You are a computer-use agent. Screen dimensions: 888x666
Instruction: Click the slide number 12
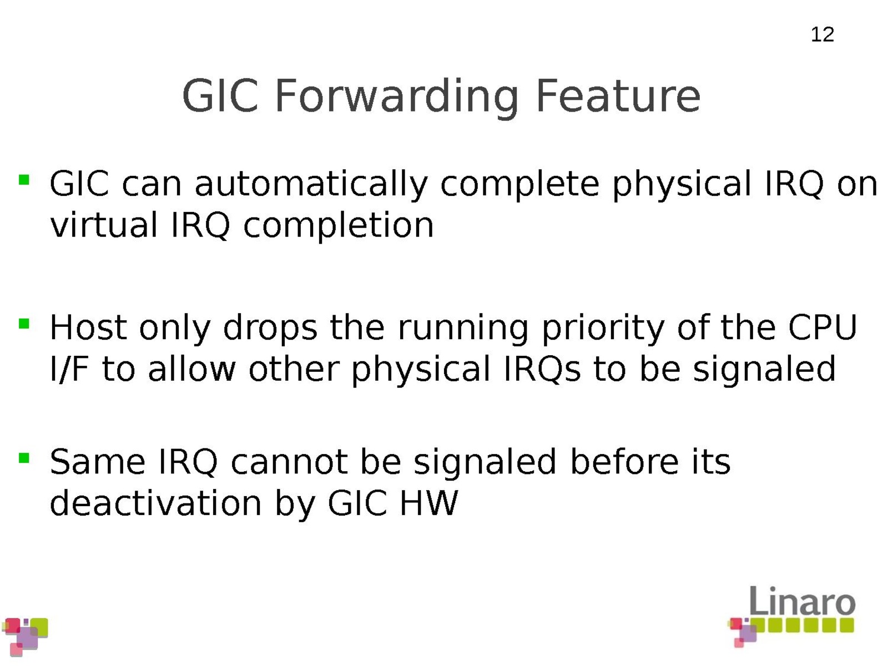click(x=822, y=34)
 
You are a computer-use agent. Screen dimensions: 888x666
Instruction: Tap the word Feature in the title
click(x=618, y=95)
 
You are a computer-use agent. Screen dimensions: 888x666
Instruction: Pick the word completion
click(x=338, y=226)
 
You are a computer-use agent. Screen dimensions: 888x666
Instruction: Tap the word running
click(x=463, y=329)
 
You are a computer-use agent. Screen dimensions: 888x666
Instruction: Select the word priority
click(x=603, y=329)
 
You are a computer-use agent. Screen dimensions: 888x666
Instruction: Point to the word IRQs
click(x=542, y=369)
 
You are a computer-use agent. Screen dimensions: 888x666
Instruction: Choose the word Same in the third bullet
click(x=97, y=462)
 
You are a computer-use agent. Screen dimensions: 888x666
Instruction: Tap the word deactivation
click(x=155, y=503)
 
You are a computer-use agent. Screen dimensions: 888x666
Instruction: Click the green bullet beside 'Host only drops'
click(x=24, y=324)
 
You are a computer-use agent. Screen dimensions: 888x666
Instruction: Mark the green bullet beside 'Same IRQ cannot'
click(x=24, y=458)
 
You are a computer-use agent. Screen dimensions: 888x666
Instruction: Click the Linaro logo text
click(x=803, y=601)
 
